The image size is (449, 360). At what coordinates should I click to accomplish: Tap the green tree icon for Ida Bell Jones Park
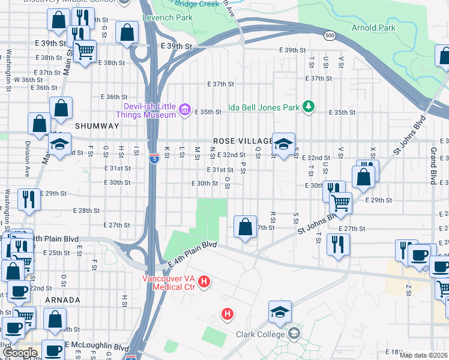309,106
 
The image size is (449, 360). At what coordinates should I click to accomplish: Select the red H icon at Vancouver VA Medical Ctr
204,281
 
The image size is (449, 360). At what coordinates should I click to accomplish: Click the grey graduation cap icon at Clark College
294,333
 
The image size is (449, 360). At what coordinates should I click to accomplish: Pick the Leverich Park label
167,17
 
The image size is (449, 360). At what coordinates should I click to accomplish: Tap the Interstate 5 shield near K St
155,158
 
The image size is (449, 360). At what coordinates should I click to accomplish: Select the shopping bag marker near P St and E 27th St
245,227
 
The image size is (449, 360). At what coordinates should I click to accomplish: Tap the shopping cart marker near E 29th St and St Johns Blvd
341,203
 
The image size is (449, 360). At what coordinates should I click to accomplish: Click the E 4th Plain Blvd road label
192,254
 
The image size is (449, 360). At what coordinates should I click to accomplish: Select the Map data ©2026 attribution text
424,355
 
